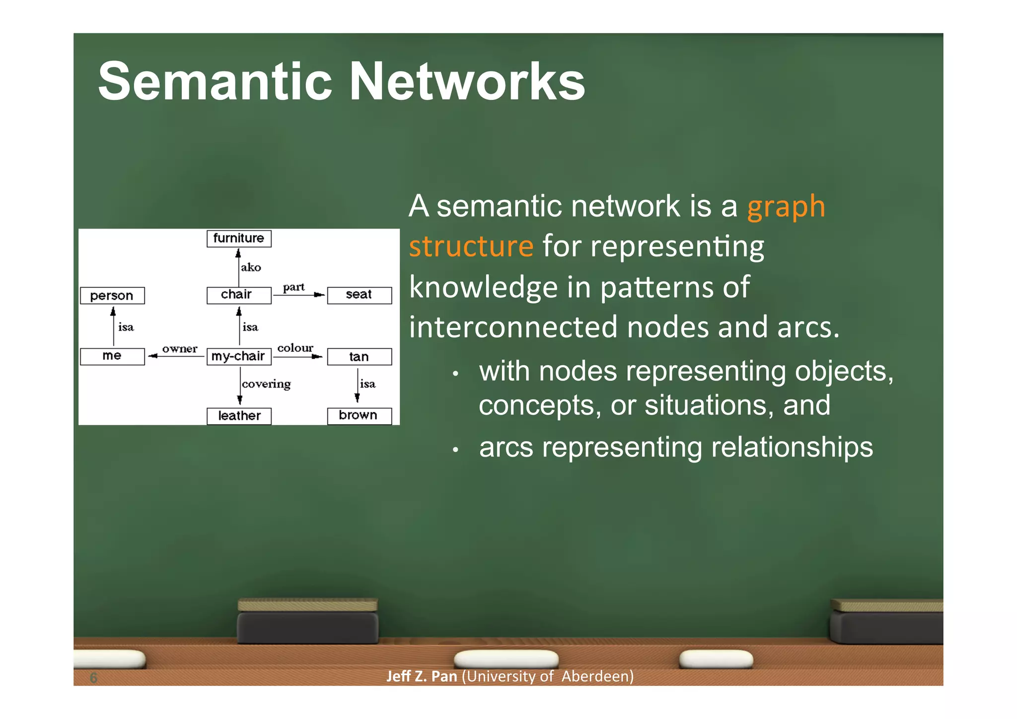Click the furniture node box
point(239,239)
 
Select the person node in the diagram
point(112,296)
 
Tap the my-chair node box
point(239,356)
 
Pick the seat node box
point(359,295)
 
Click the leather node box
point(239,416)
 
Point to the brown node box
point(359,415)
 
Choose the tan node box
point(359,357)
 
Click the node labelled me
point(112,356)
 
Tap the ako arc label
point(251,267)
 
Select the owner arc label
point(180,349)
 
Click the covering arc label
point(266,384)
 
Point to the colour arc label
point(295,348)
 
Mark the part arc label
point(293,287)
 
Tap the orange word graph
point(786,207)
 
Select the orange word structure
point(471,246)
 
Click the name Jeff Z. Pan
point(422,676)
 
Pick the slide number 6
point(93,678)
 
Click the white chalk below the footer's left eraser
point(506,659)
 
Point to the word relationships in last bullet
point(792,447)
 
